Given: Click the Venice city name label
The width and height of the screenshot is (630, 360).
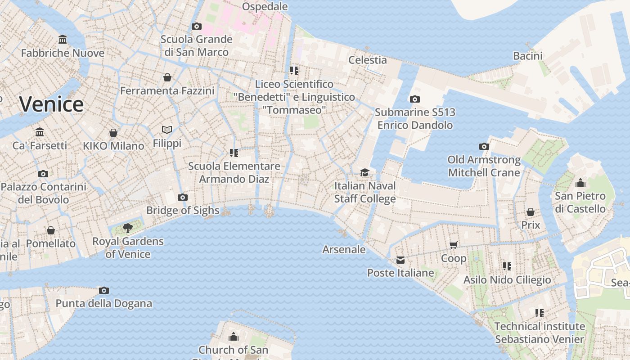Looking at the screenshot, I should pos(51,104).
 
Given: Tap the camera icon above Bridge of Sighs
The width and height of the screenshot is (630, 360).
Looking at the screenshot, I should pos(182,197).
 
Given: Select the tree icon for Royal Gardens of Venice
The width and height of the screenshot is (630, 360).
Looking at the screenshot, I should pos(127,227).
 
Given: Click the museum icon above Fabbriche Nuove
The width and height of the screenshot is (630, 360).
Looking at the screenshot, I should pos(63,40).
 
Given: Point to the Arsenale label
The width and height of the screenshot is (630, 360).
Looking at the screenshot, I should pos(344,249).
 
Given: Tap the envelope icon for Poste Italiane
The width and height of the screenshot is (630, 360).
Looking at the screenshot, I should pos(400,260).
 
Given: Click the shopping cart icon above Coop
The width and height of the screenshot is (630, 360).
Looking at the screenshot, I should pos(453,245).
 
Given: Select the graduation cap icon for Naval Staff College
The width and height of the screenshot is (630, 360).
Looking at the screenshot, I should pos(364,172).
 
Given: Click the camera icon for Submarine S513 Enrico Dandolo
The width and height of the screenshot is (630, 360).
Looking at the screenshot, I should pos(414,99).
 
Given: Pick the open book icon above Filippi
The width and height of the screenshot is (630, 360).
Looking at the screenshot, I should pos(167,130).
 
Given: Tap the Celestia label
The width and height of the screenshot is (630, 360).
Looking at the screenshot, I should pos(368,60).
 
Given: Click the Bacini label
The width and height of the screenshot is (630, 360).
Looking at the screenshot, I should pos(528,56).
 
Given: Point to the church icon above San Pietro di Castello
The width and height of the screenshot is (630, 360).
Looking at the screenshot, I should pos(580,183).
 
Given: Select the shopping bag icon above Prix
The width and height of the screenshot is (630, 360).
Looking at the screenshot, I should pos(531,212).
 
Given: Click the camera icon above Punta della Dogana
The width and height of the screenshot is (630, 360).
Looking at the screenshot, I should pos(104,290).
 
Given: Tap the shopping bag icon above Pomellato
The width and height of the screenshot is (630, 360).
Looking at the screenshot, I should pos(51,230).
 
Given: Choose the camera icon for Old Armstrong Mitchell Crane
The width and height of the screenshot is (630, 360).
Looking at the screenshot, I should pos(484,146).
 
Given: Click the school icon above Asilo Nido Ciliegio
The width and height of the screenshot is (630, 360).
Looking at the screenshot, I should pos(507,266).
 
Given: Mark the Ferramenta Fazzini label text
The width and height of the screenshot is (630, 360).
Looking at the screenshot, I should pos(167,90).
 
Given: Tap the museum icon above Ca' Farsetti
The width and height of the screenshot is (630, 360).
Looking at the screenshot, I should pos(40,132).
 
